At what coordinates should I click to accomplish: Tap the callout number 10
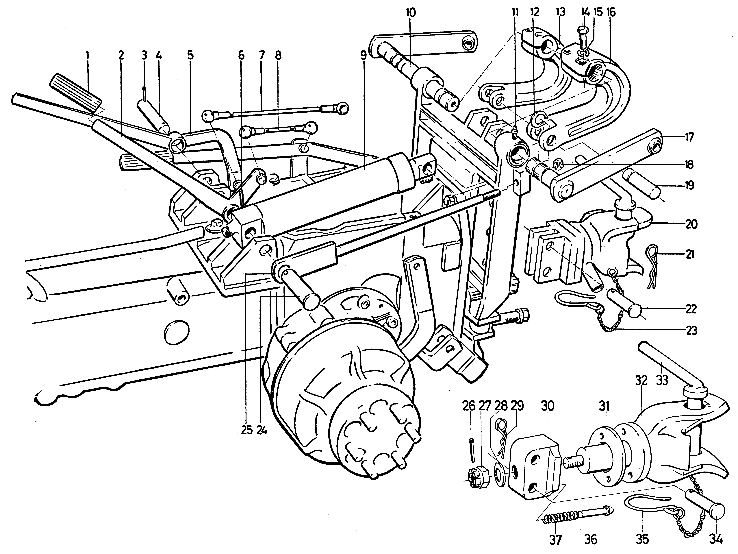(411, 13)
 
